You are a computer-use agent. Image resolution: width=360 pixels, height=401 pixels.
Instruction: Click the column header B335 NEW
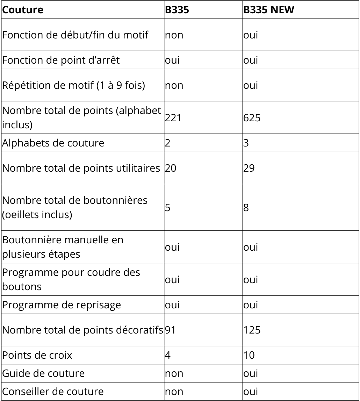268,10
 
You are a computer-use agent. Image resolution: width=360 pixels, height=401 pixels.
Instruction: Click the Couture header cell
23,10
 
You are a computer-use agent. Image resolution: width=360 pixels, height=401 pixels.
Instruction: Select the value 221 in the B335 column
173,118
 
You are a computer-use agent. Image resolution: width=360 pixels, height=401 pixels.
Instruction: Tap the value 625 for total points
252,118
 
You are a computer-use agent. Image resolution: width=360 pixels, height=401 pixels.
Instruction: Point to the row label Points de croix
37,355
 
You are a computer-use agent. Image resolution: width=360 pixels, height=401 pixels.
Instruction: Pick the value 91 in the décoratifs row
170,330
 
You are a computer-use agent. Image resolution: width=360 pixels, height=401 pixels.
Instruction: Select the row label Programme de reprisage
62,305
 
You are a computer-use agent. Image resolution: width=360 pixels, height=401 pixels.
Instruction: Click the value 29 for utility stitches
249,168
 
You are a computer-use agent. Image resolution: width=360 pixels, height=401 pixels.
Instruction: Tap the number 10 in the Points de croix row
249,355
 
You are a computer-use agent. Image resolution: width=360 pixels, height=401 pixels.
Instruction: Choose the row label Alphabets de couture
53,143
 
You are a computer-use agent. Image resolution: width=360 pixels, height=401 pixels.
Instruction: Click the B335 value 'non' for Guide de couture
174,373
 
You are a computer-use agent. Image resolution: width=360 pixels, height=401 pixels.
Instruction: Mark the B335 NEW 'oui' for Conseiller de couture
250,392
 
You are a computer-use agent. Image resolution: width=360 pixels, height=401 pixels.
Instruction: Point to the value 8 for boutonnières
246,207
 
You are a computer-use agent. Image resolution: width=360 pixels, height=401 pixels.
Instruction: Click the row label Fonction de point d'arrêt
61,60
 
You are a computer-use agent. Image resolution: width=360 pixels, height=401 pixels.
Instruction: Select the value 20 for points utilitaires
171,168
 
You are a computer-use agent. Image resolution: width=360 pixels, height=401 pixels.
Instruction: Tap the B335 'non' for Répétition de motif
174,85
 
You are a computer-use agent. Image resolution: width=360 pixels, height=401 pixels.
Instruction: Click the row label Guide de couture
43,373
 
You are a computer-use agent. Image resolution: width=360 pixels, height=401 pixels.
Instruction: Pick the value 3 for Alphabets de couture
246,143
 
